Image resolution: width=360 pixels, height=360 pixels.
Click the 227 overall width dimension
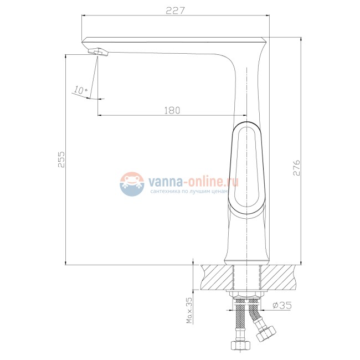(175, 11)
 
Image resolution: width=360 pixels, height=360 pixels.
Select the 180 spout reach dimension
(172, 110)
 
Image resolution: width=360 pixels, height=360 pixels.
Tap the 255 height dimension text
(61, 159)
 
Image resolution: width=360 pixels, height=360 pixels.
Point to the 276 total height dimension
(297, 168)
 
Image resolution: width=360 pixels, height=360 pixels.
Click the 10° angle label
(80, 90)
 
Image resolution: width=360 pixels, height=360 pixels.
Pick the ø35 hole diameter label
(282, 305)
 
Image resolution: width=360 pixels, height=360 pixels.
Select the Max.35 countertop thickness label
(189, 311)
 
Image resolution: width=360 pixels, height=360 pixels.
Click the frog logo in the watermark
(132, 184)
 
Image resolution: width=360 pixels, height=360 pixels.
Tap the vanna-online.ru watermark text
(193, 182)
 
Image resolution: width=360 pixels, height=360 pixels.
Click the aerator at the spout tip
(98, 52)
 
